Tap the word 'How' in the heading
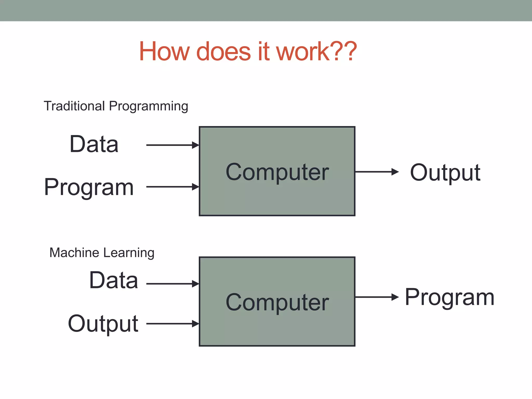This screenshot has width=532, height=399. coord(164,51)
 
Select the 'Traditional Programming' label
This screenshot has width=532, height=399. coord(116,106)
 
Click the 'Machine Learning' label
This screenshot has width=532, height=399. coord(102,252)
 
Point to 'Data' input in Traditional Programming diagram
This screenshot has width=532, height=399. coord(94,144)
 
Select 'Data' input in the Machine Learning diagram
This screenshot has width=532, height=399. coord(114,280)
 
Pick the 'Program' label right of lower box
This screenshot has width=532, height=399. coord(449,297)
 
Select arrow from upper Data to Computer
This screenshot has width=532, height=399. coord(172,145)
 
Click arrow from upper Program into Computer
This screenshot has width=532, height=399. coord(172,187)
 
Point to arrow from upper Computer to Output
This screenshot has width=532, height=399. coord(377,172)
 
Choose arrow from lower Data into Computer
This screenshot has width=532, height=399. coord(172,284)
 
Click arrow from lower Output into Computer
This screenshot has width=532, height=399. coord(172,324)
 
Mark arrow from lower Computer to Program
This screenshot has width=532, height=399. coord(377,297)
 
